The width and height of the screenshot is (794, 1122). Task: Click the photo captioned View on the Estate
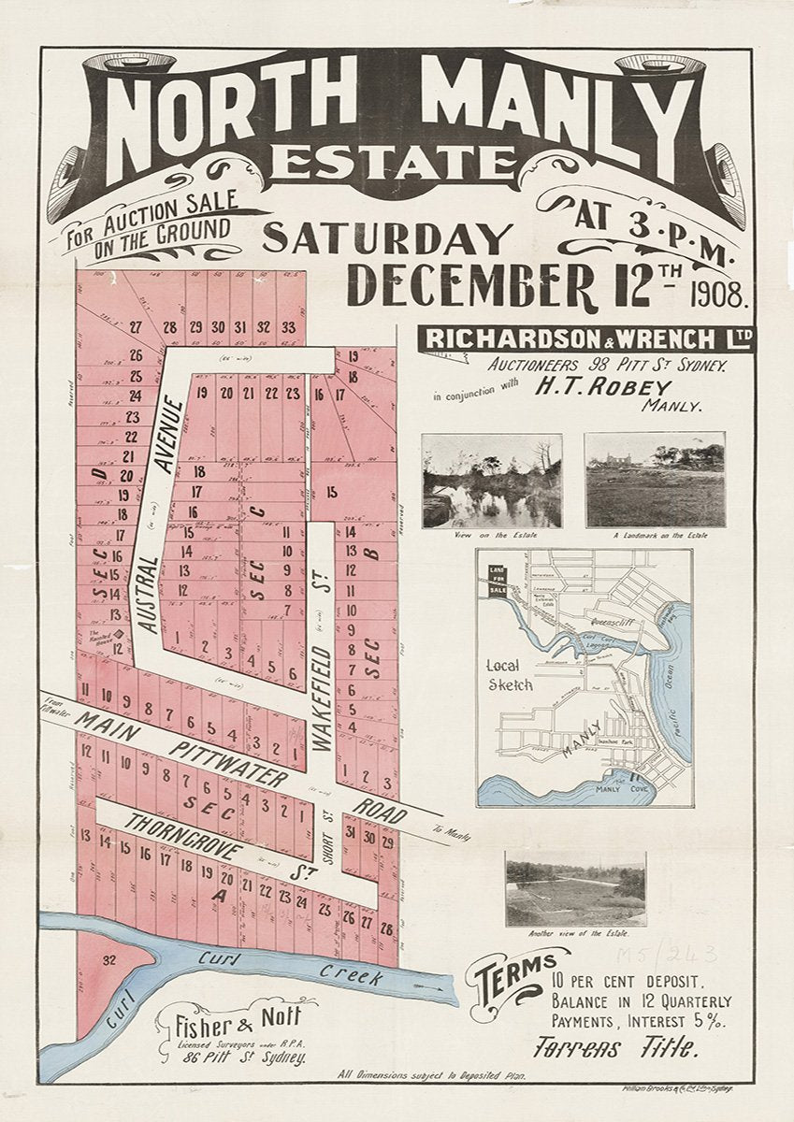click(492, 480)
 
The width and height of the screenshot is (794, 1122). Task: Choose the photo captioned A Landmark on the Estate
click(655, 479)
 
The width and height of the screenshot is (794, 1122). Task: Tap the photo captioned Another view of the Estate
click(575, 887)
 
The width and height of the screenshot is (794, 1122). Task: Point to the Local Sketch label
click(511, 675)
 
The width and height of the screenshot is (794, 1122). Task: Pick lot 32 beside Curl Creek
click(109, 960)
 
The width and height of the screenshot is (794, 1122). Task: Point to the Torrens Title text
click(616, 1048)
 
